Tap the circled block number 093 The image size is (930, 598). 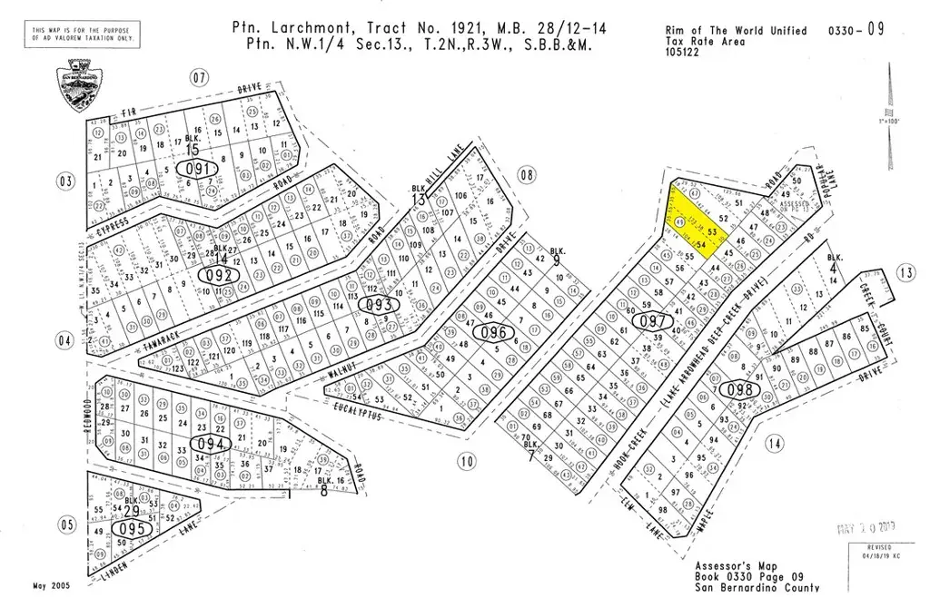pos(378,305)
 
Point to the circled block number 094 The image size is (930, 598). pos(211,444)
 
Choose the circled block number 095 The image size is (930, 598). pos(128,527)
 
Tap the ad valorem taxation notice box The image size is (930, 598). pos(80,36)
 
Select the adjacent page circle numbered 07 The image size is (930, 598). pos(200,77)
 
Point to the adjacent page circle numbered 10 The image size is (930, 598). pos(466,462)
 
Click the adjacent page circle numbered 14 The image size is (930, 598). pos(774,444)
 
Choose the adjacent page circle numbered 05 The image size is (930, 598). pos(65,524)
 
